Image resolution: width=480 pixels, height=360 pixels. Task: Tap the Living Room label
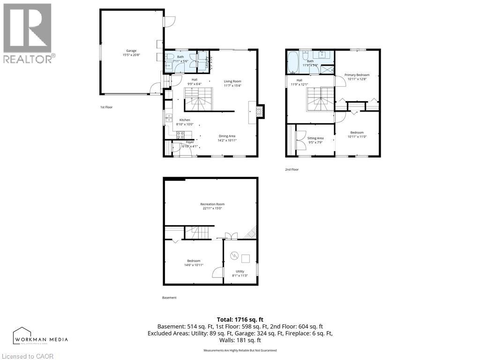pos(232,83)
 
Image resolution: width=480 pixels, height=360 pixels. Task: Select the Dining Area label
pos(227,138)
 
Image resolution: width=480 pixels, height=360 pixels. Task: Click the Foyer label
pos(189,144)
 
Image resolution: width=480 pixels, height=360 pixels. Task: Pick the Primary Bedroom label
pos(357,77)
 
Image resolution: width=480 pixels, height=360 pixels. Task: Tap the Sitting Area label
pos(315,140)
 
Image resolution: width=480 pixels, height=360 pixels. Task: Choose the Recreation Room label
pos(212,206)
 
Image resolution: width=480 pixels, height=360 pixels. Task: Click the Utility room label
pos(240,273)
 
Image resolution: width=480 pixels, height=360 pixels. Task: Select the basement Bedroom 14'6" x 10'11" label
pos(194,263)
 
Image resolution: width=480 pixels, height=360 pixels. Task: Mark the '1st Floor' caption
pos(106,107)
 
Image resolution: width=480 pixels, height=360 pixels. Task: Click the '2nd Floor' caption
pos(292,170)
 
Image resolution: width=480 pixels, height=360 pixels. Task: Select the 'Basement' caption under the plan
pos(169,298)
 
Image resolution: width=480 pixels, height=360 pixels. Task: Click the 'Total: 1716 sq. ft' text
pos(240,319)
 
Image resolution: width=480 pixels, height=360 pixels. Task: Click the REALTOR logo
pos(28,32)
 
